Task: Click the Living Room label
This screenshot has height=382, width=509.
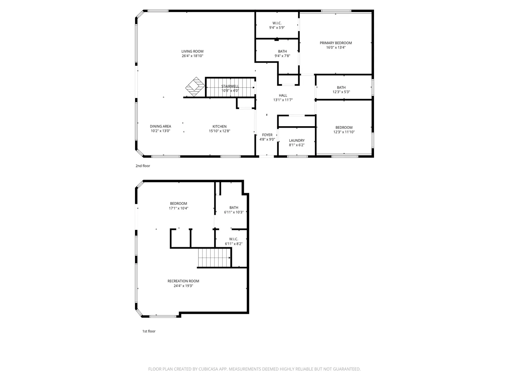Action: click(192, 51)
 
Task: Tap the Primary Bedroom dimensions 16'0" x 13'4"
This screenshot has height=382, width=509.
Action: click(336, 47)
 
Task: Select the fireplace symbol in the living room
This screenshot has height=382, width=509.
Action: click(195, 87)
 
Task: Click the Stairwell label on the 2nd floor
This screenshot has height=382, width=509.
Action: click(230, 86)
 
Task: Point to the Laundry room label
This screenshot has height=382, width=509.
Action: click(297, 140)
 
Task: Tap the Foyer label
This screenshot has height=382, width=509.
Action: click(267, 135)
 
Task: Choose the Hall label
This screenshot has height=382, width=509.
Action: click(283, 95)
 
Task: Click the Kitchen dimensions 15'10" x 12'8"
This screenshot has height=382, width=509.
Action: click(220, 131)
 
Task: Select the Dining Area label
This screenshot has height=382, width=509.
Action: click(160, 126)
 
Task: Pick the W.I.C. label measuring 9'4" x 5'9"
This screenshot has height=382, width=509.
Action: click(277, 23)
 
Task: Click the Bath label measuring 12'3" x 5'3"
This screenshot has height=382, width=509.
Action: click(341, 87)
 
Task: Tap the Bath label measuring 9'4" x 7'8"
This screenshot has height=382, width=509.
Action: click(282, 51)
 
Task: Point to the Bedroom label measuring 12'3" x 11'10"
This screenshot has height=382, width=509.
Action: click(344, 127)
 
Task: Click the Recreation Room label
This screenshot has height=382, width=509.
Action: click(183, 281)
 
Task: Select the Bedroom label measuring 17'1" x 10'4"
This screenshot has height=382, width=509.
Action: click(178, 203)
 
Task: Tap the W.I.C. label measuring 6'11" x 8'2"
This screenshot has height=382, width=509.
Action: click(234, 239)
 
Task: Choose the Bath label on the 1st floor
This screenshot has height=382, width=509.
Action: click(234, 208)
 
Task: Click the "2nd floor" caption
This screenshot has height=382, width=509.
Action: click(143, 166)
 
